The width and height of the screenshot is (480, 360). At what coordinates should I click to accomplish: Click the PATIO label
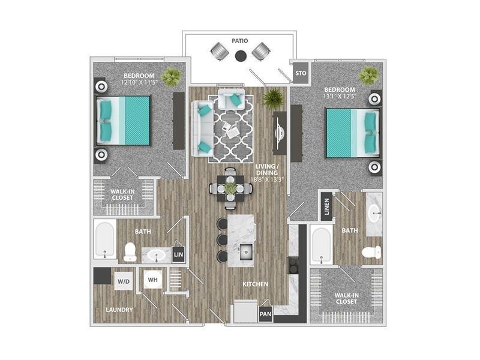[239, 41]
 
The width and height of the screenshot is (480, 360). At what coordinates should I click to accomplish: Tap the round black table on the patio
[241, 55]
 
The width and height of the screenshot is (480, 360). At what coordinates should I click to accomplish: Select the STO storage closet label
[301, 73]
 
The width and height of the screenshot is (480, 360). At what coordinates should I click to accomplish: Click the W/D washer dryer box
[124, 281]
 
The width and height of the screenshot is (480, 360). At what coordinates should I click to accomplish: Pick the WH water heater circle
[153, 280]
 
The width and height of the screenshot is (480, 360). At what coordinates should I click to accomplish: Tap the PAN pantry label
[265, 314]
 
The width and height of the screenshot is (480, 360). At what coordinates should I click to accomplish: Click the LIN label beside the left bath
[178, 254]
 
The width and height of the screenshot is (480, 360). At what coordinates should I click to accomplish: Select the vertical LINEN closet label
[326, 206]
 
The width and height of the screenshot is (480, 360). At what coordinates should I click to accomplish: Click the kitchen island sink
[246, 251]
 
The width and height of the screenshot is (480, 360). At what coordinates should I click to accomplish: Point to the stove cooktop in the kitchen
[293, 265]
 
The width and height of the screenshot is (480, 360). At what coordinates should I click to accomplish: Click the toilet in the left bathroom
[130, 252]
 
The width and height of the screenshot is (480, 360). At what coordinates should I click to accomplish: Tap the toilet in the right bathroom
[371, 252]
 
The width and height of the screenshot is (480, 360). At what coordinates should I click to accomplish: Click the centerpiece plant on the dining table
[230, 188]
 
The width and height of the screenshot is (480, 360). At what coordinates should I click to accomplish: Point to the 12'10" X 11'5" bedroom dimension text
[139, 82]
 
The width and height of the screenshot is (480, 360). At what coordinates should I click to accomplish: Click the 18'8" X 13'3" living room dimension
[266, 179]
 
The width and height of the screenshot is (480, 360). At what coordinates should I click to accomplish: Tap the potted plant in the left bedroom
[172, 77]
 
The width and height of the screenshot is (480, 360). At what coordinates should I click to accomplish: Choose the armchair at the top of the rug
[232, 99]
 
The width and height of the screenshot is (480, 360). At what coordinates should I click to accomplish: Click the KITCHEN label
[256, 284]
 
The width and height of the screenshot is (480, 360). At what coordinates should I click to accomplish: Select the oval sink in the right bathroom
[374, 212]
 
